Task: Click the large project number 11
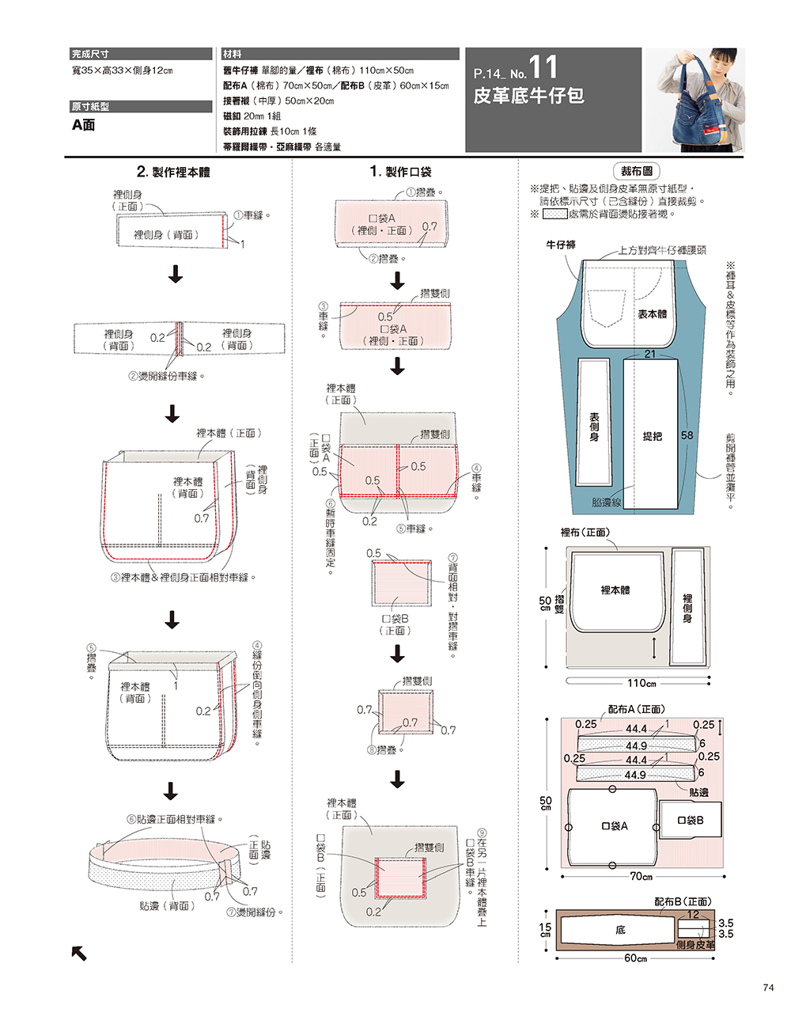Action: point(543,67)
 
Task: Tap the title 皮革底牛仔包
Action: point(528,97)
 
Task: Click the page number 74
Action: point(769,987)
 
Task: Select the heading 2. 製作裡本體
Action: point(173,172)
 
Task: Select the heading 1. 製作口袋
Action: point(400,172)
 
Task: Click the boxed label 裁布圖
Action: point(636,171)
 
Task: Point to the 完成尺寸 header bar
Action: point(141,54)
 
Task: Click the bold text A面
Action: point(83,125)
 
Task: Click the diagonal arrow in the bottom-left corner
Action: point(79,953)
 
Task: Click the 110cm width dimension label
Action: point(641,683)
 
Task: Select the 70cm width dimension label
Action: point(641,876)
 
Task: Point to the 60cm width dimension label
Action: point(635,958)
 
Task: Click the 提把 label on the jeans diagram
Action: point(652,436)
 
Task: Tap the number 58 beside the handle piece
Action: point(687,435)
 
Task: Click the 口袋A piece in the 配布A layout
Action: point(614,826)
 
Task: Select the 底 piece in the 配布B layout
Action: point(620,930)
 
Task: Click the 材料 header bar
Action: point(340,54)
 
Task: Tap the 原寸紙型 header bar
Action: point(141,106)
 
